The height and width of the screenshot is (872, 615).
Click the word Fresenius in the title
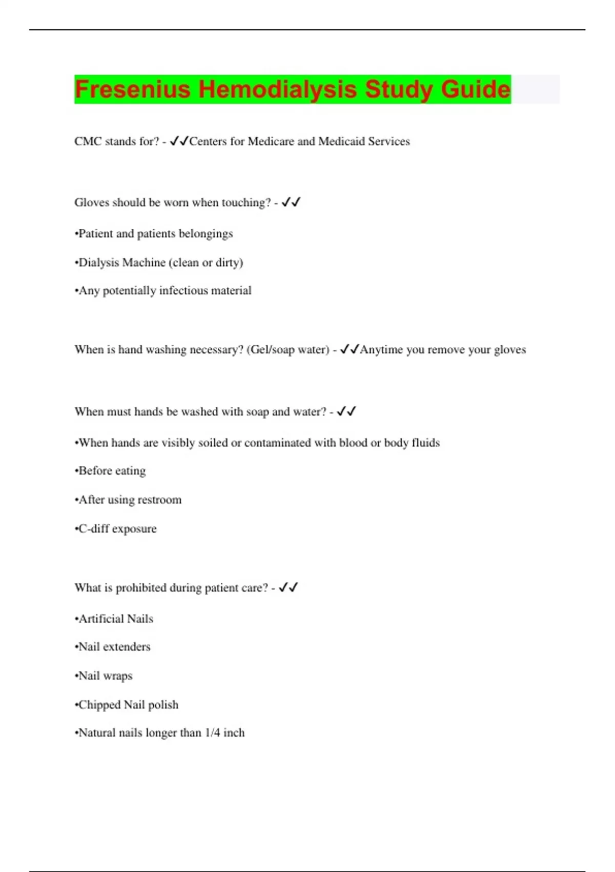(132, 89)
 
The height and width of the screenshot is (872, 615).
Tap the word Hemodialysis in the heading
(277, 89)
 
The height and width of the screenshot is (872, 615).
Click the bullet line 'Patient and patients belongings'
(154, 234)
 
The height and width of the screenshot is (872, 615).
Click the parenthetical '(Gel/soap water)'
(288, 350)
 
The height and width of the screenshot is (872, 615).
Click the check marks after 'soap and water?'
(346, 411)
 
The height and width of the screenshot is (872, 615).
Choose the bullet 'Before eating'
(111, 471)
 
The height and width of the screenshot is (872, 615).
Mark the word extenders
(127, 647)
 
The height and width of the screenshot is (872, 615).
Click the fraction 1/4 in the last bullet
(212, 733)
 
